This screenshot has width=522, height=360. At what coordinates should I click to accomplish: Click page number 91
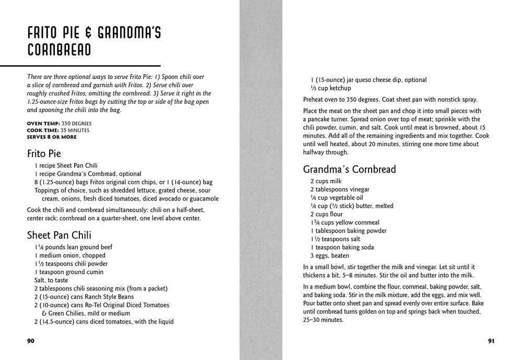pyautogui.click(x=491, y=341)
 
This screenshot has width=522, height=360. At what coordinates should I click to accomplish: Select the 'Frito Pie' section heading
pyautogui.click(x=44, y=154)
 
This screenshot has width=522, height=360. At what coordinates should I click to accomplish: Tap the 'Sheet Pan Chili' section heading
pyautogui.click(x=59, y=235)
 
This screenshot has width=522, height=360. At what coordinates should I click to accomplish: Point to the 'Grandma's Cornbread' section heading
pyautogui.click(x=349, y=169)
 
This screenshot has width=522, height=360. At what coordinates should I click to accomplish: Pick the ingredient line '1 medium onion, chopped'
pyautogui.click(x=70, y=256)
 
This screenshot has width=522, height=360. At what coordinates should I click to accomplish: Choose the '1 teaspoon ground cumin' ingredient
pyautogui.click(x=69, y=272)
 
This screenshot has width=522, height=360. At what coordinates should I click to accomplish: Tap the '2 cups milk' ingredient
pyautogui.click(x=326, y=181)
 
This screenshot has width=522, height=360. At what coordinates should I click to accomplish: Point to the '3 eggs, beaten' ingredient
pyautogui.click(x=329, y=256)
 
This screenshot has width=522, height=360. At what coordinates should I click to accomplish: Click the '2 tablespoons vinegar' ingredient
pyautogui.click(x=339, y=189)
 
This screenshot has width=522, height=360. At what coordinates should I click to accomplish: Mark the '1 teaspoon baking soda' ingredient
pyautogui.click(x=342, y=247)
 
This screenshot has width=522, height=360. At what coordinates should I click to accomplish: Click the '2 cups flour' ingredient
pyautogui.click(x=326, y=214)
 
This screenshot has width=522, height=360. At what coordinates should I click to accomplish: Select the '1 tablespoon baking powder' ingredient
pyautogui.click(x=348, y=231)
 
